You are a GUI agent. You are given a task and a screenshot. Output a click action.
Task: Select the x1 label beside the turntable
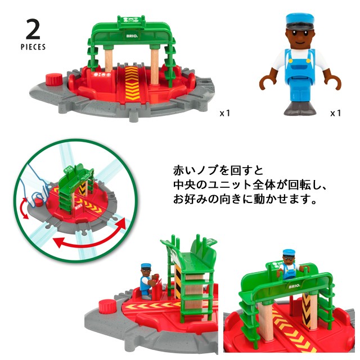[x=224, y=113]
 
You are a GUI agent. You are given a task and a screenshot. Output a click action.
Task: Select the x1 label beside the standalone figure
[x=335, y=113]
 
